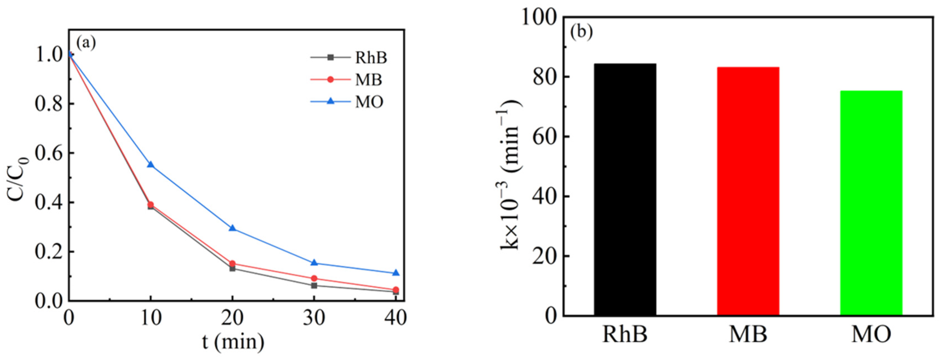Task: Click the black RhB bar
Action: point(625,189)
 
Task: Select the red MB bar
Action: point(748,191)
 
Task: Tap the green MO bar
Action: point(871,203)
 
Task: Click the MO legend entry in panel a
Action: point(369,102)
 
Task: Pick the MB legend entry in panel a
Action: point(368,79)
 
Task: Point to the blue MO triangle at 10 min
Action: point(150,165)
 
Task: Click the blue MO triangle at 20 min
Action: point(232,228)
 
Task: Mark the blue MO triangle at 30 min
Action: point(314,263)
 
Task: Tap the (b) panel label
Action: point(581,32)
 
